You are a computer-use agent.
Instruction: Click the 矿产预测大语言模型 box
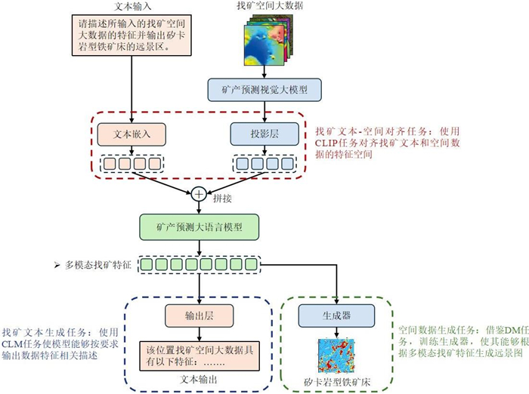pos(199,226)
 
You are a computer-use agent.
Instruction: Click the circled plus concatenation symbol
pos(199,193)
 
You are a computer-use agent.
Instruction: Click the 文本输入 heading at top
pos(132,7)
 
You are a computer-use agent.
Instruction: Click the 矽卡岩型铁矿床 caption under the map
pos(336,380)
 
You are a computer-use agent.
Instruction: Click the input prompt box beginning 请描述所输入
pos(131,35)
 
